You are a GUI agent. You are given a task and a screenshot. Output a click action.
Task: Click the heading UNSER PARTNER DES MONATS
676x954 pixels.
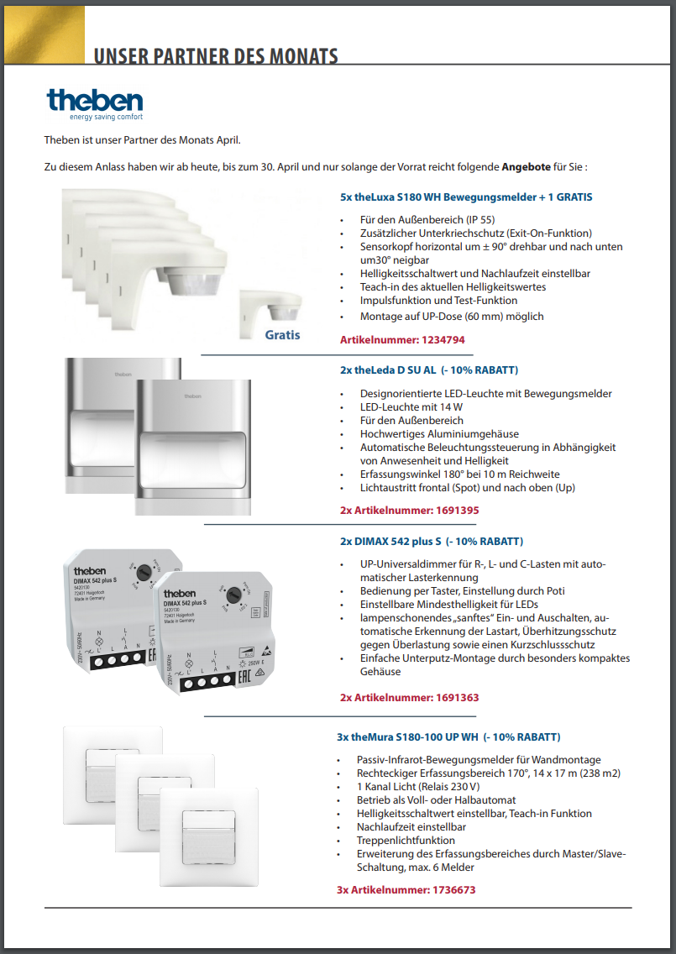tap(216, 57)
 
